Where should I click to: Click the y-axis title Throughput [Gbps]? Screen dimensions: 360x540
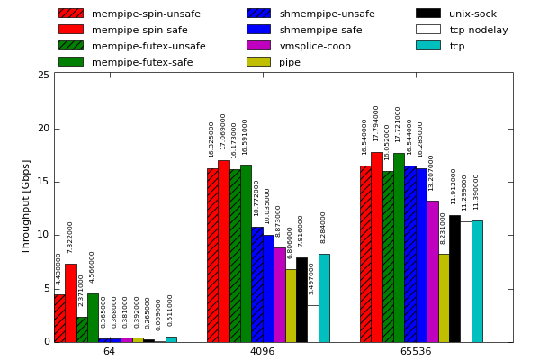pyautogui.click(x=27, y=207)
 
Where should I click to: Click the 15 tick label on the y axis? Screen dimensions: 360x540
pyautogui.click(x=43, y=183)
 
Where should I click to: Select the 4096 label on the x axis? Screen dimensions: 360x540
pyautogui.click(x=262, y=352)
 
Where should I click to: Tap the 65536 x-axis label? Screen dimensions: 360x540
pyautogui.click(x=415, y=352)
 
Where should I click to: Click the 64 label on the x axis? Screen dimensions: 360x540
pyautogui.click(x=109, y=352)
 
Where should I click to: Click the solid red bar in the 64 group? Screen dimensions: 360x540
pyautogui.click(x=70, y=302)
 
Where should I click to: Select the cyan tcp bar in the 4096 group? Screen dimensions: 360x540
pyautogui.click(x=324, y=298)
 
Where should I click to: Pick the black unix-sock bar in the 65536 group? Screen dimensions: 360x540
pyautogui.click(x=454, y=278)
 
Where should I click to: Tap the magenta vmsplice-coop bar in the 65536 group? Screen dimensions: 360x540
pyautogui.click(x=433, y=271)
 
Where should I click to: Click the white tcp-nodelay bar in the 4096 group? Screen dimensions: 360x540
pyautogui.click(x=312, y=323)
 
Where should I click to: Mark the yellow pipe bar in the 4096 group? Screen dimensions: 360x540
pyautogui.click(x=291, y=305)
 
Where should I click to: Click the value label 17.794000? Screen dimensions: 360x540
pyautogui.click(x=376, y=123)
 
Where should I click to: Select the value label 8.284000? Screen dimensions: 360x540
pyautogui.click(x=324, y=228)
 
